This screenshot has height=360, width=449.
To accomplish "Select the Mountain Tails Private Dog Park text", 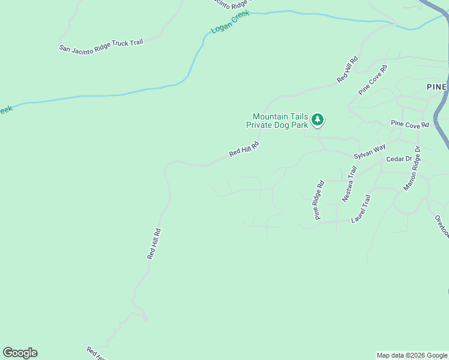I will [x=280, y=121].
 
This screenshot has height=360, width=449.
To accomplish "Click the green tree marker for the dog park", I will [x=318, y=120].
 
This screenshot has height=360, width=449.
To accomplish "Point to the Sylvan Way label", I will [x=369, y=151].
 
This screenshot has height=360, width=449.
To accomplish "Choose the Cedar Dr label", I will [x=399, y=159].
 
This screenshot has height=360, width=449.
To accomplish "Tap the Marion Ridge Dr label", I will [x=412, y=168].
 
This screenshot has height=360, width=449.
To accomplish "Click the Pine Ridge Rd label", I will [x=318, y=200].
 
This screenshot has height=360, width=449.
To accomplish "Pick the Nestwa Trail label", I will [x=349, y=184].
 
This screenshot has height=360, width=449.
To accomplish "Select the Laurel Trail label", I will [x=361, y=208].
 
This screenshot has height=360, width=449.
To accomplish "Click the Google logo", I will [x=20, y=353].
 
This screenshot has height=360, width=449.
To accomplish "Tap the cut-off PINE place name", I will [x=437, y=87].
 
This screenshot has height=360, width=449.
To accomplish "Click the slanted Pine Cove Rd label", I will [x=373, y=80].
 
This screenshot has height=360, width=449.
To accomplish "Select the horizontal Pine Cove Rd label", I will [x=410, y=124].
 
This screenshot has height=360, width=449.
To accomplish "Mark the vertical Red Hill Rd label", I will [x=154, y=243].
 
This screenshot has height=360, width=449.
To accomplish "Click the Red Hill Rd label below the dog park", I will [x=244, y=149].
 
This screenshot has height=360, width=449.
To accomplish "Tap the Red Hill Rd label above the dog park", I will [x=348, y=69].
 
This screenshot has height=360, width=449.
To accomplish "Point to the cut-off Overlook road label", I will [x=442, y=226].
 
